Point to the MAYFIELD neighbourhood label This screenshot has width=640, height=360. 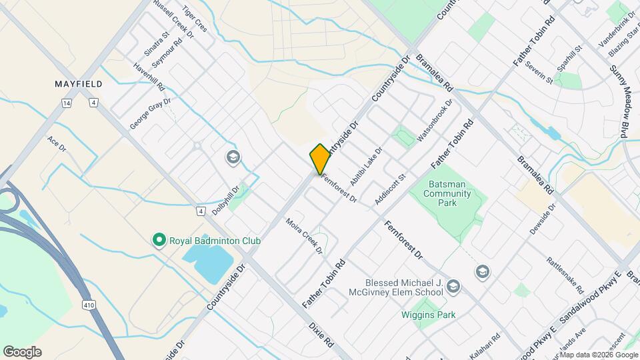click(x=78, y=84)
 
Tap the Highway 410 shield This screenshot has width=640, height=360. click(x=89, y=305)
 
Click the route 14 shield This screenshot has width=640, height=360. click(x=66, y=103)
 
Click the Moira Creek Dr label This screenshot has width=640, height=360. click(x=304, y=237)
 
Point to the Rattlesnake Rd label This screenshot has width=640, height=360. click(x=565, y=275)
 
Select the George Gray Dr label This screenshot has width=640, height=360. click(x=150, y=113)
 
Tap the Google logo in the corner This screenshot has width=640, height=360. click(x=22, y=352)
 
